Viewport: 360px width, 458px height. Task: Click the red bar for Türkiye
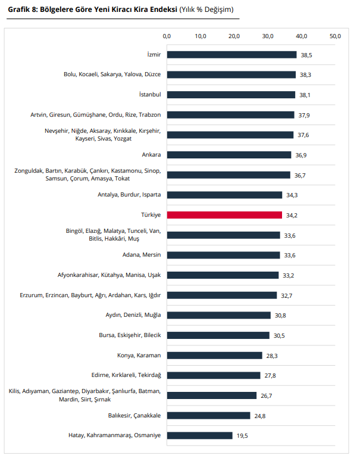click(x=224, y=215)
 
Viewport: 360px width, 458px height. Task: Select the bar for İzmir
click(x=231, y=55)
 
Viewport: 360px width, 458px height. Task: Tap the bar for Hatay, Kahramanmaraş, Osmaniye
click(x=199, y=435)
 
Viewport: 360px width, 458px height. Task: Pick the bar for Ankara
click(x=229, y=155)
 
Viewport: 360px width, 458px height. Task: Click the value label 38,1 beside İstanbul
click(x=306, y=95)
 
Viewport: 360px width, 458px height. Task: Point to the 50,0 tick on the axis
click(x=335, y=37)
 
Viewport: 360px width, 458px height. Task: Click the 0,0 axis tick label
click(x=167, y=37)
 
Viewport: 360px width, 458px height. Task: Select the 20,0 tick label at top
click(x=234, y=37)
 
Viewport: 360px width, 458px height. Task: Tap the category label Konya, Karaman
click(x=139, y=356)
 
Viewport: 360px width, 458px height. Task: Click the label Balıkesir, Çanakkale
click(x=134, y=415)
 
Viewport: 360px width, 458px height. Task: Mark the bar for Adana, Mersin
click(x=223, y=255)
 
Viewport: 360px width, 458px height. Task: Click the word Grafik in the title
click(x=19, y=10)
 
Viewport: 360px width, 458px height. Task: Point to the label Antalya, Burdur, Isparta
click(x=129, y=195)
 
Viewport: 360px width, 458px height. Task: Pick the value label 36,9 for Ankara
click(x=302, y=155)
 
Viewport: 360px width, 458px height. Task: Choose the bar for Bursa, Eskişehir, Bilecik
click(x=218, y=335)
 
